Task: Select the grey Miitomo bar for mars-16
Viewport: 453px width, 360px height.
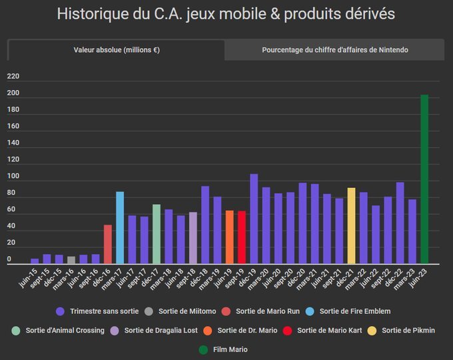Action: pos(71,260)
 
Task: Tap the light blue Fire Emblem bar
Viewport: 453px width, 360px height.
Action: pos(120,227)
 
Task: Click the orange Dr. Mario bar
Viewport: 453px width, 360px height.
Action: pos(229,237)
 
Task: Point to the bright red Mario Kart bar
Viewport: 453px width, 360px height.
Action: pos(242,237)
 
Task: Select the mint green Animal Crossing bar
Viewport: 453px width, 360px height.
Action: pos(157,234)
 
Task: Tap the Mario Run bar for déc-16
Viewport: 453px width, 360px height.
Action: pos(108,244)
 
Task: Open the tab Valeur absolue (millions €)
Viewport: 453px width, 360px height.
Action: pos(116,50)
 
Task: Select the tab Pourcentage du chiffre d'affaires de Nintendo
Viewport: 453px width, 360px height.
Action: pos(334,50)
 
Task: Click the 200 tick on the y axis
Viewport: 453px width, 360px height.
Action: pos(13,93)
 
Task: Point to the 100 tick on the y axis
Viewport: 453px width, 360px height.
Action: pos(13,177)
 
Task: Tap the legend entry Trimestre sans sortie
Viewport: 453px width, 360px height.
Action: pos(96,311)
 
